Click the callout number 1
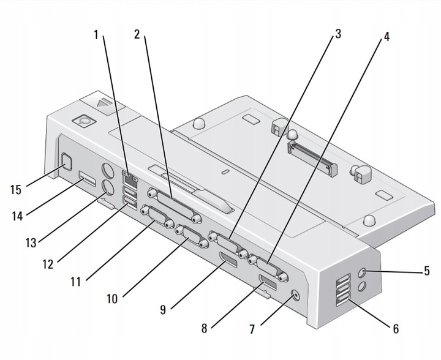96,36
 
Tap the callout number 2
138,36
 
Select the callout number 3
337,36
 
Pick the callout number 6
396,328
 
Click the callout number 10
113,300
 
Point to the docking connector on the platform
312,157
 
